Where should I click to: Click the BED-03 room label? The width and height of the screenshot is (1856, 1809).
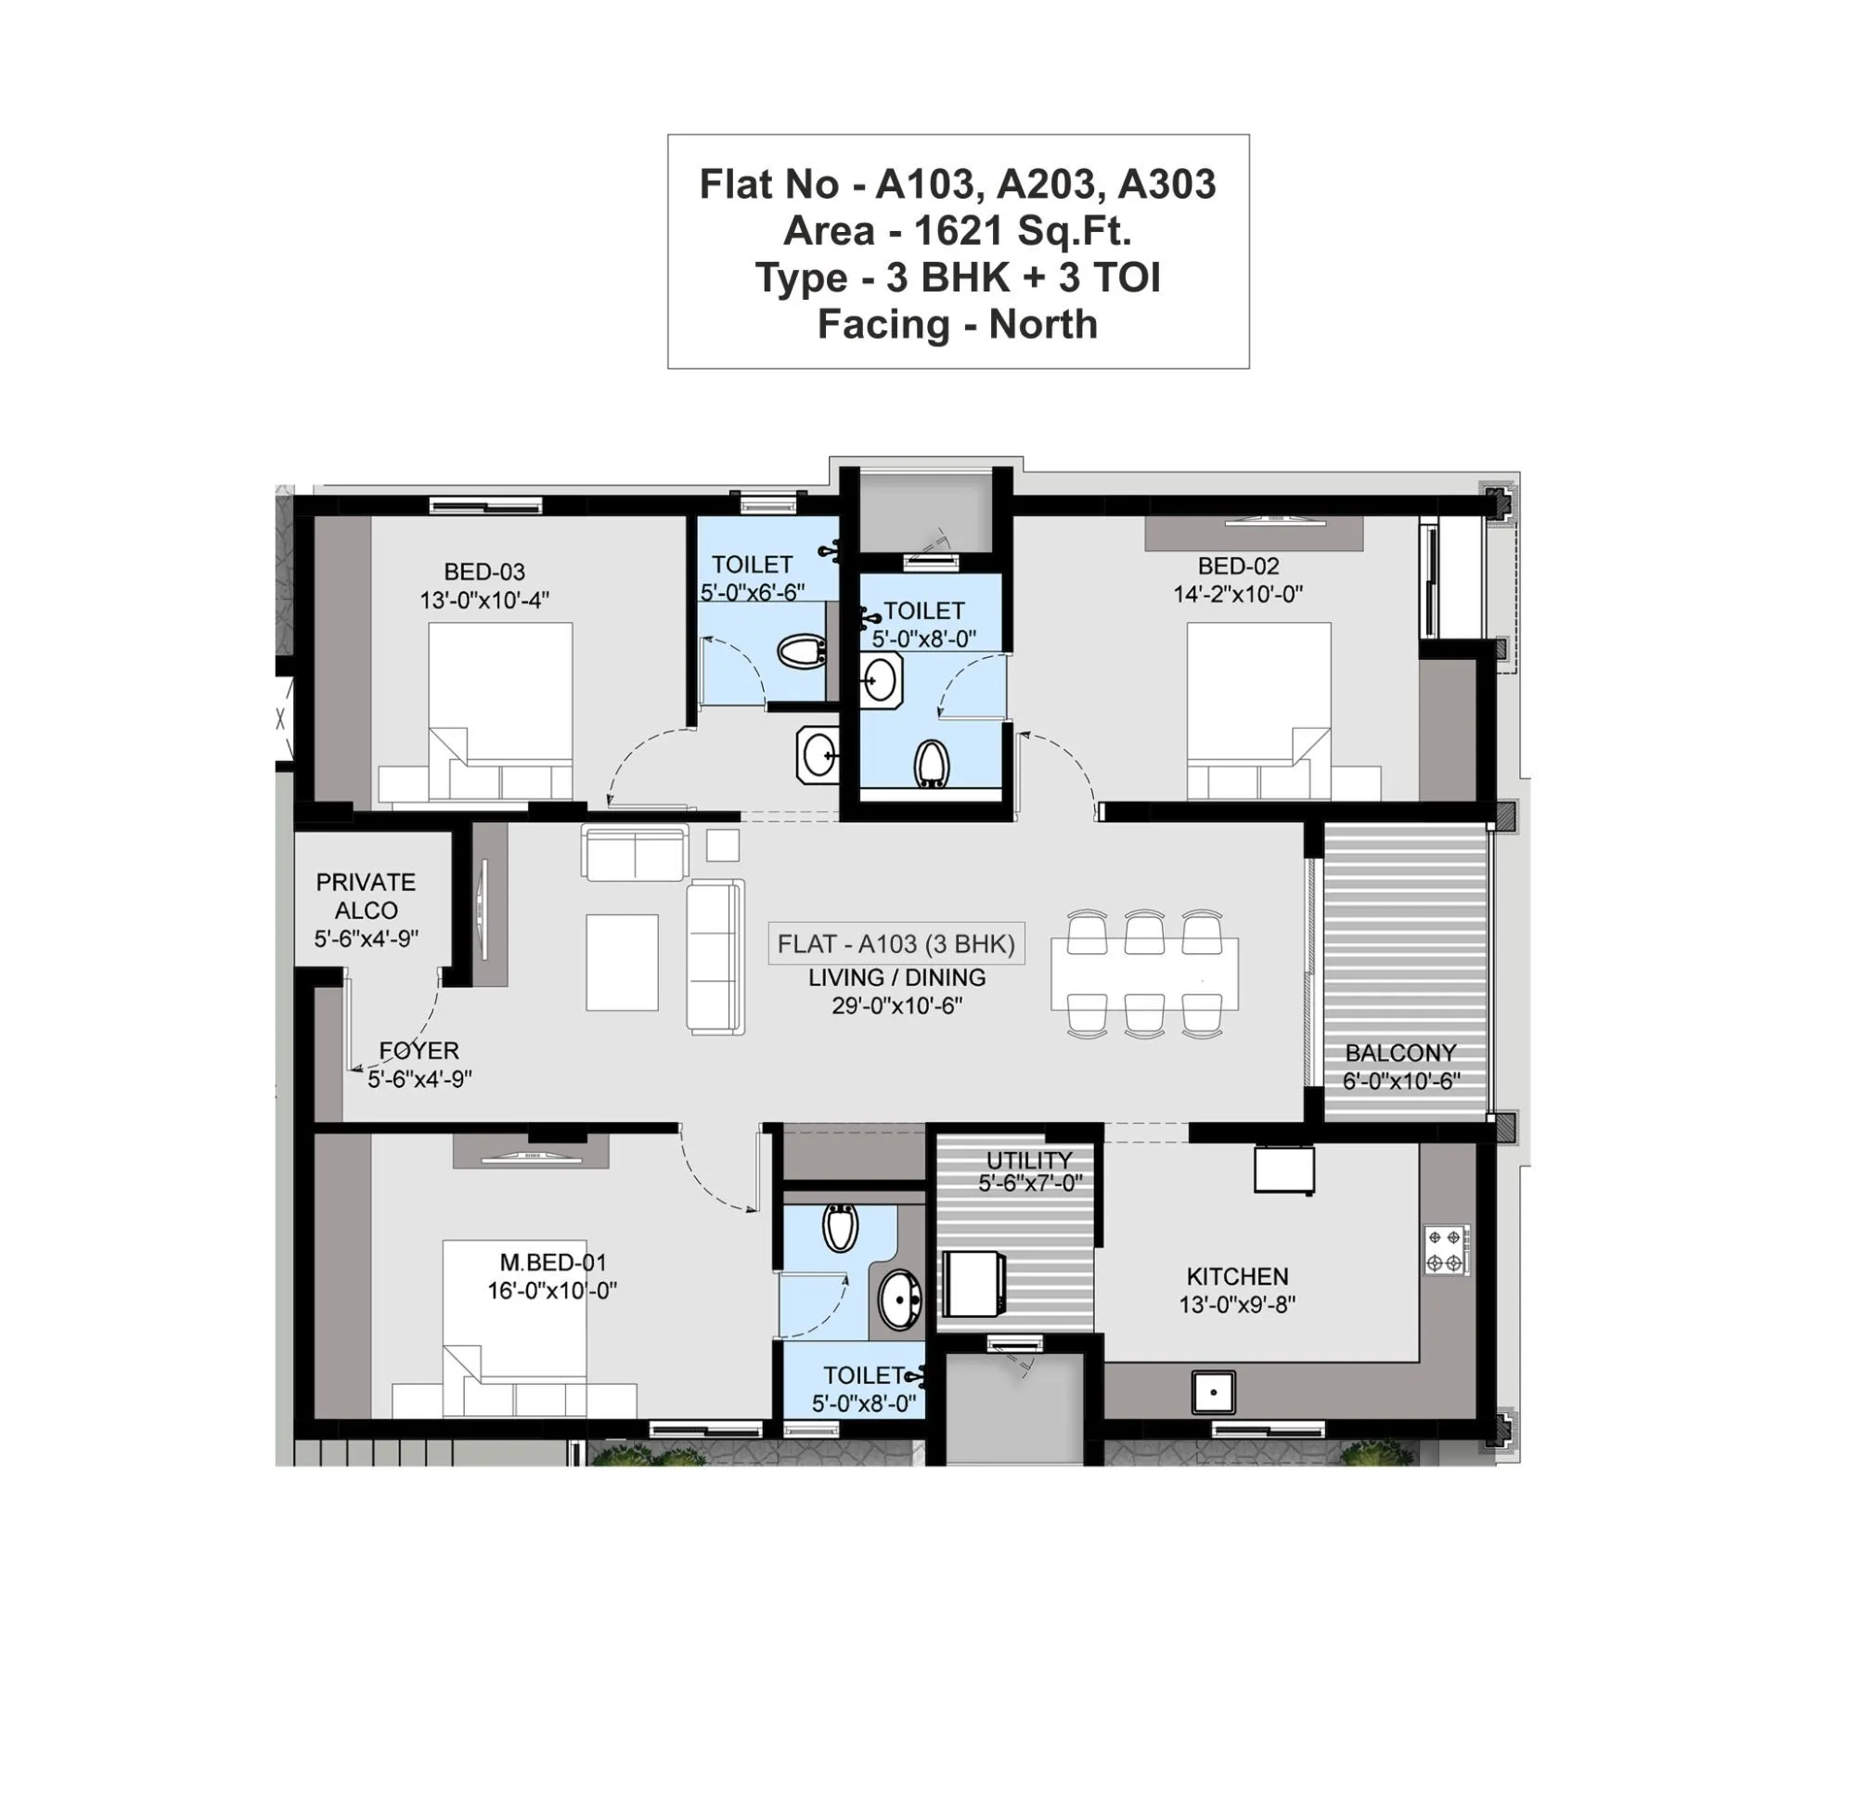(x=483, y=572)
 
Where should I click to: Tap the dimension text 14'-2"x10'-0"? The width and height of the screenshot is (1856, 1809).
(x=1237, y=594)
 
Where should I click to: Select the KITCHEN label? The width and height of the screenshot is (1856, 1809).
(x=1237, y=1276)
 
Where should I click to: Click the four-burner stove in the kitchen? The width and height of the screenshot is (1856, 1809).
(x=1445, y=1249)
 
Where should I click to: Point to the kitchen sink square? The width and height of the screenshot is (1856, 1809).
(x=1213, y=1392)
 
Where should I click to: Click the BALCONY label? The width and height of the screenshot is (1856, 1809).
(x=1400, y=1053)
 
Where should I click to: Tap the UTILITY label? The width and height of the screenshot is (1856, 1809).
(x=1028, y=1160)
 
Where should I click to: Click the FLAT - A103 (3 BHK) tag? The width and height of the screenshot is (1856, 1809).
(x=896, y=943)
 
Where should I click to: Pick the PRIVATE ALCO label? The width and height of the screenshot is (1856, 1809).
(x=366, y=895)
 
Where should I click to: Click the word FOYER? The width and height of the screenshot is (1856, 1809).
(x=419, y=1050)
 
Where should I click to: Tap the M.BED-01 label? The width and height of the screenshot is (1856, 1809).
(x=553, y=1261)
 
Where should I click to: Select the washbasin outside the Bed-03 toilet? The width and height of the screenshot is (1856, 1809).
(x=818, y=756)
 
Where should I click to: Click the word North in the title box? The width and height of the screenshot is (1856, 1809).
(x=1042, y=325)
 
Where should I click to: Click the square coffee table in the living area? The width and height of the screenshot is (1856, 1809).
(x=621, y=962)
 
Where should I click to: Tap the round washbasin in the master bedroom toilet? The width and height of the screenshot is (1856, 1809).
(x=897, y=1298)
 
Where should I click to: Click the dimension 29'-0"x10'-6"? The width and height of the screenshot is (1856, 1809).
(x=896, y=1005)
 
